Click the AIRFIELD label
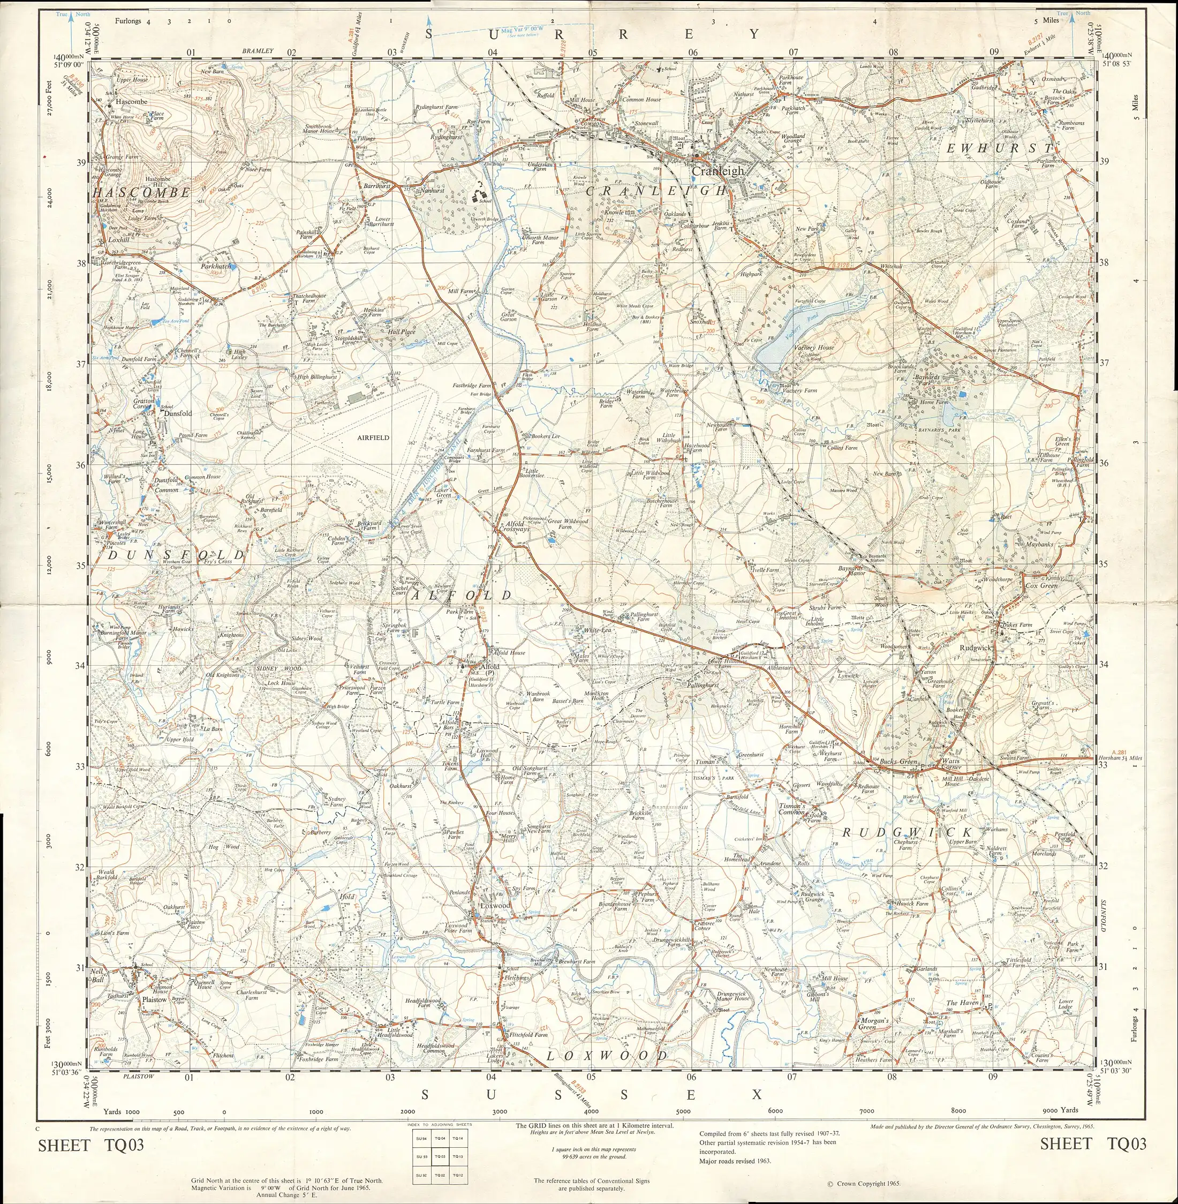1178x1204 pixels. [373, 438]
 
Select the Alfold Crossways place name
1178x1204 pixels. [514, 526]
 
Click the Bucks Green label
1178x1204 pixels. [898, 762]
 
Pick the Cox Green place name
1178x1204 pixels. [1041, 585]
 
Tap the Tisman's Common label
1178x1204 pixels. [792, 809]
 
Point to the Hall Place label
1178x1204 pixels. [402, 332]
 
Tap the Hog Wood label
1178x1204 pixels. [223, 846]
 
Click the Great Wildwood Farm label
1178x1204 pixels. [568, 524]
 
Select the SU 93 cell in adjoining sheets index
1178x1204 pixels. [420, 1156]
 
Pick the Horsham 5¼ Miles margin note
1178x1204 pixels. [1128, 758]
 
